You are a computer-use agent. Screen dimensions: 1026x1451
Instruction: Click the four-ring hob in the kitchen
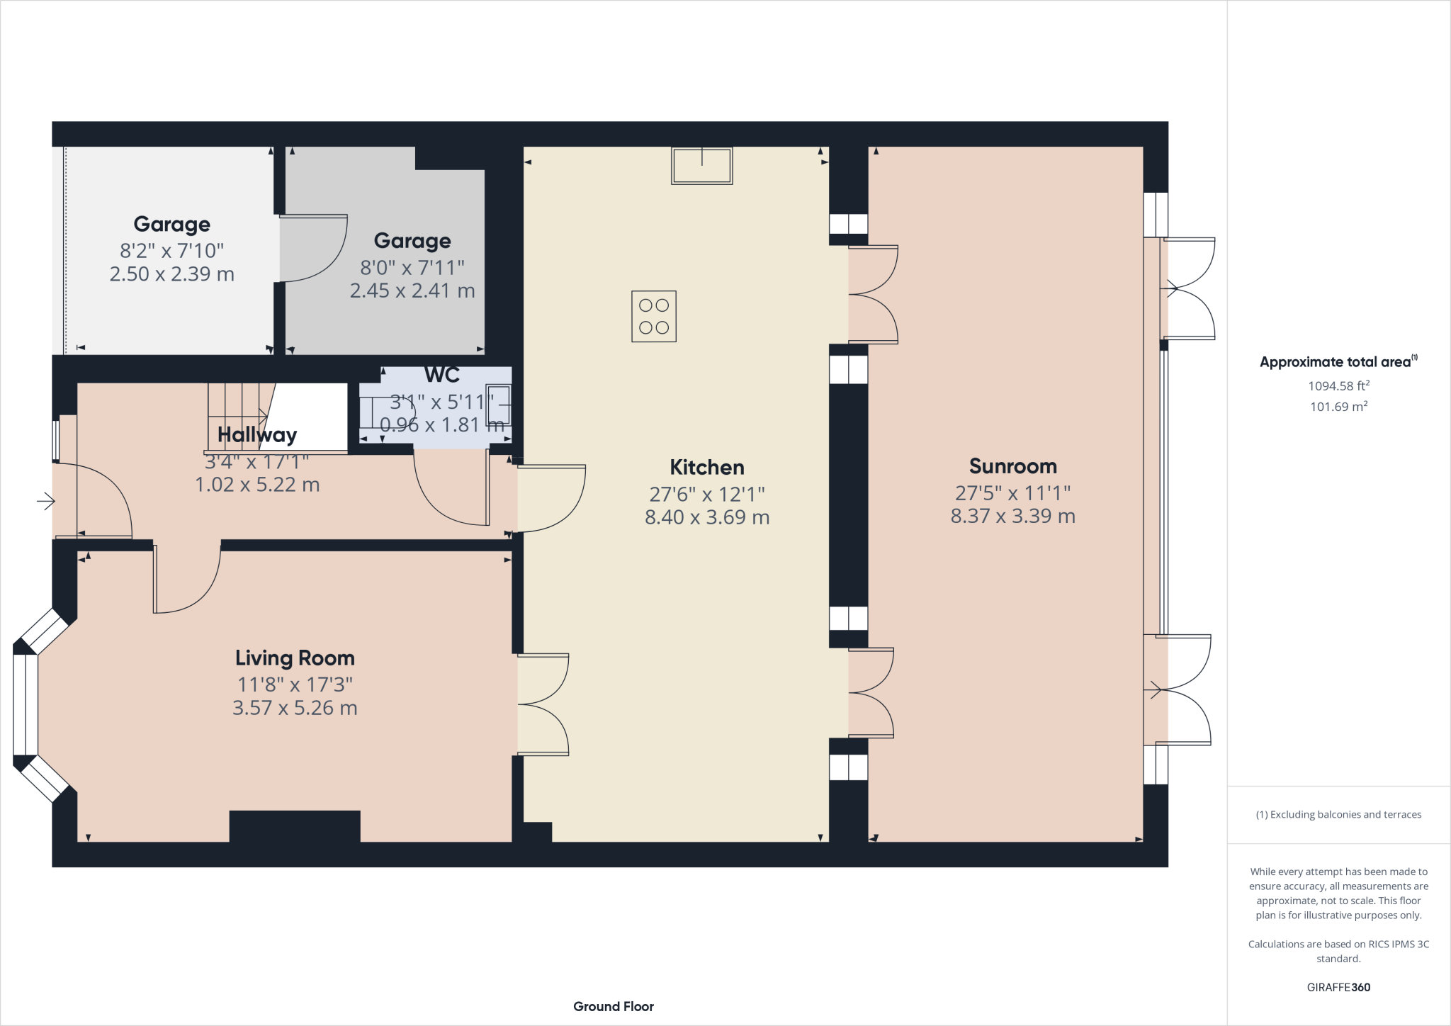click(653, 316)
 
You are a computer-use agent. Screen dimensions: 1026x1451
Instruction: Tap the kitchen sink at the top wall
click(701, 166)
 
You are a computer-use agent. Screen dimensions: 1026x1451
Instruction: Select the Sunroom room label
click(1012, 466)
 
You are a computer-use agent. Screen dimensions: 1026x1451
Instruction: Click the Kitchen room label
click(706, 468)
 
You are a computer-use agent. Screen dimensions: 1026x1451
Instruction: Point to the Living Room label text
click(295, 658)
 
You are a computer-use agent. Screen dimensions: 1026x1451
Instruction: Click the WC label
click(441, 375)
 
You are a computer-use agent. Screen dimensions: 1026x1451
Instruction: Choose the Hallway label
click(256, 435)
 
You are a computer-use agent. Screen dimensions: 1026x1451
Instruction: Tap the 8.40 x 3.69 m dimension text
click(706, 518)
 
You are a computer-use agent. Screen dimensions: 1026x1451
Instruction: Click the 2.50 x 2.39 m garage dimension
click(171, 274)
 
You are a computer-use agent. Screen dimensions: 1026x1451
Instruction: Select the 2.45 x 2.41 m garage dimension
click(412, 291)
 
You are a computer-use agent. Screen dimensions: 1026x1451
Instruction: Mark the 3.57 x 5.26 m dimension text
click(295, 708)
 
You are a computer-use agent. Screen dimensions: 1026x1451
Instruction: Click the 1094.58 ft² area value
click(1338, 386)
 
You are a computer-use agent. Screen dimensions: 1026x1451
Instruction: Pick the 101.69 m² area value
click(1338, 407)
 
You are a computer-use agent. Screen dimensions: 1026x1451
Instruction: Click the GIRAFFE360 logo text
click(1338, 987)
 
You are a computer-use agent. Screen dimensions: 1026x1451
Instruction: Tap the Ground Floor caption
click(613, 1006)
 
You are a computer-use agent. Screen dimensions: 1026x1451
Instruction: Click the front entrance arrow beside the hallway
click(46, 502)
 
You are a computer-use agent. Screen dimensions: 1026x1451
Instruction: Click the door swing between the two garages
click(312, 248)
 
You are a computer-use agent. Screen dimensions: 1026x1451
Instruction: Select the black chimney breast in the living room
click(294, 826)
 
